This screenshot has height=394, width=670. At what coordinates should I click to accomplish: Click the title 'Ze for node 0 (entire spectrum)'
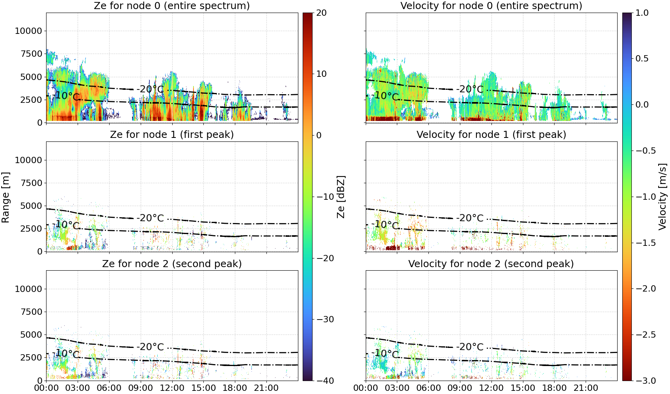click(x=172, y=6)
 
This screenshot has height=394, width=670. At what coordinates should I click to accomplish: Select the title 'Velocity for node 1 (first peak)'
click(x=491, y=135)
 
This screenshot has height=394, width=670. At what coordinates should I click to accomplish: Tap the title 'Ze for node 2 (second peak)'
click(x=172, y=264)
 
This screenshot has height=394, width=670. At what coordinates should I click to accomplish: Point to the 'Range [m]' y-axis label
click(x=6, y=197)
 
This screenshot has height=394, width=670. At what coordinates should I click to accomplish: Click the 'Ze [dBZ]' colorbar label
click(x=341, y=197)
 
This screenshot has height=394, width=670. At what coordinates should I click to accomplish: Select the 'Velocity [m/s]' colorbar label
click(x=663, y=197)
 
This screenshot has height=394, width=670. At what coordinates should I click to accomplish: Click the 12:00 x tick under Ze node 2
click(x=172, y=388)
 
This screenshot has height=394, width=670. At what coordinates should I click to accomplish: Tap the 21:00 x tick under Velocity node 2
click(x=586, y=388)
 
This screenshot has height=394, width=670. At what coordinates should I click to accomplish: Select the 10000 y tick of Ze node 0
click(x=28, y=31)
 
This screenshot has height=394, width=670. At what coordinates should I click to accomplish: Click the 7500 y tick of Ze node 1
click(x=31, y=183)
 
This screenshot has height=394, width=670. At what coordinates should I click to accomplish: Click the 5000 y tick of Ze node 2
click(x=31, y=335)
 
